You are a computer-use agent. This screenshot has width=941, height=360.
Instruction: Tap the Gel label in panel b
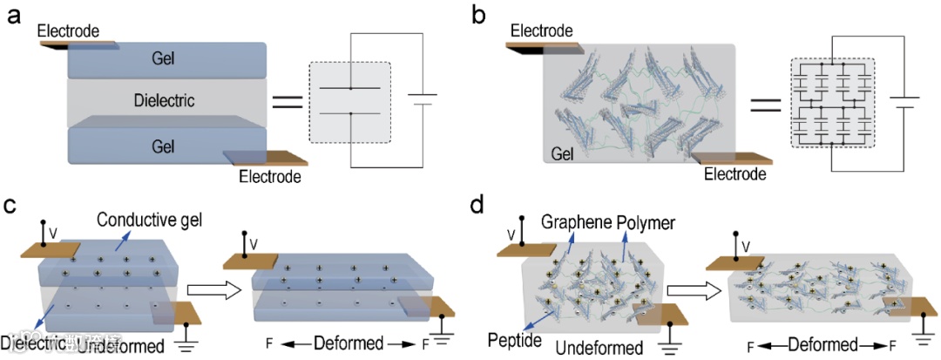pos(566,154)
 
